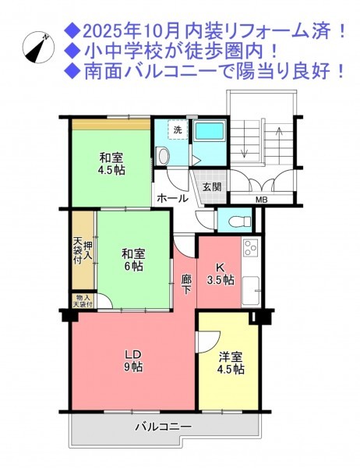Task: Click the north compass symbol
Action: coord(38,47)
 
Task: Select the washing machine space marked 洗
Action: coord(178,129)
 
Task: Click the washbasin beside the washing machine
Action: coord(163,156)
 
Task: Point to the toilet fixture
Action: coord(239,222)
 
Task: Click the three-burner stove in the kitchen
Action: coord(251,248)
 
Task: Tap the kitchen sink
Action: coord(251,291)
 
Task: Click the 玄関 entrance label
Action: coord(212,187)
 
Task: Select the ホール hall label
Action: coord(172,198)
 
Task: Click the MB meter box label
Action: coord(262,200)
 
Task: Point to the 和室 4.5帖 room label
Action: coord(111,164)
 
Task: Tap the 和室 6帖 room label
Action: coord(133,260)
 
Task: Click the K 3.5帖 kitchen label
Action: coord(221,274)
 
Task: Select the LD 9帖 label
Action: coord(133,360)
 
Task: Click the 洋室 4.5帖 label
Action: coord(231,363)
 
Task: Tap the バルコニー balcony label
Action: coord(164,427)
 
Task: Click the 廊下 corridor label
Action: coord(187,284)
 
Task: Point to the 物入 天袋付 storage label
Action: coord(83,301)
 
